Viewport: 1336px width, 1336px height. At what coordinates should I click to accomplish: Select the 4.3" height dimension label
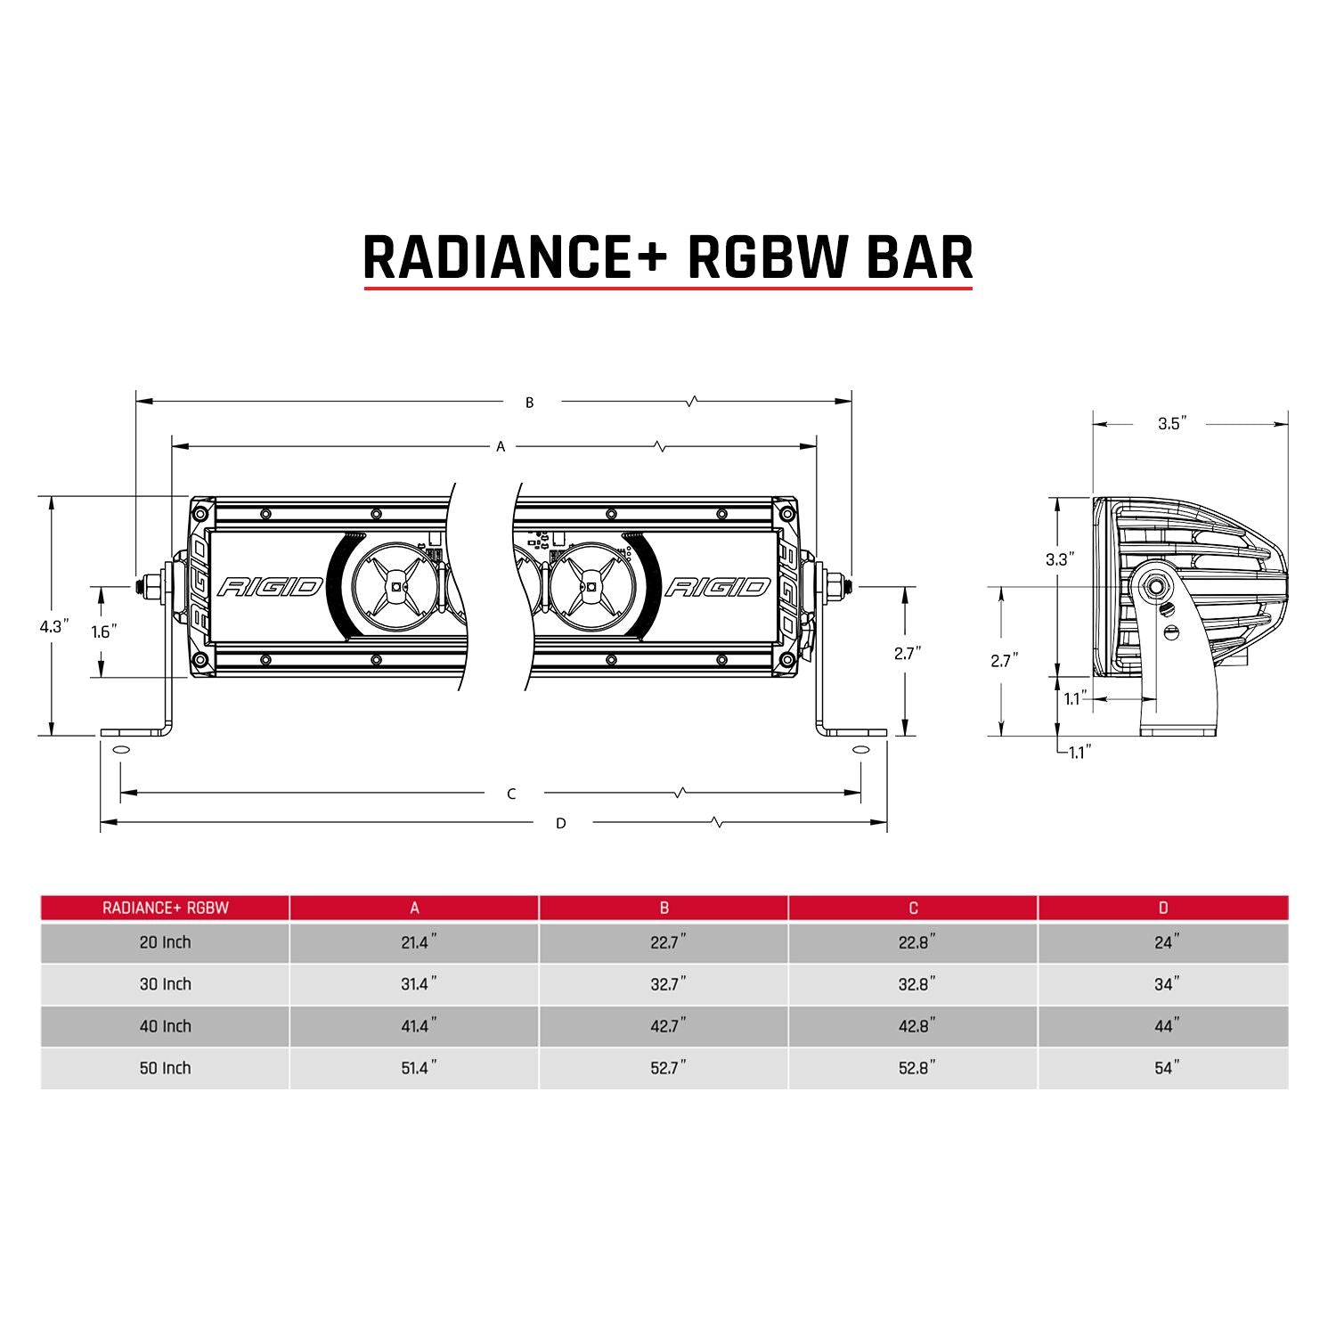53,626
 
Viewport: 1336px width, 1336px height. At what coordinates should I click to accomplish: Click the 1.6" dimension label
104,631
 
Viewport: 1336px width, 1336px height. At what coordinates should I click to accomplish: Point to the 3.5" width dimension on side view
1173,424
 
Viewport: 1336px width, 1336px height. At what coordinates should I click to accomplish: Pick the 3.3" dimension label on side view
1060,559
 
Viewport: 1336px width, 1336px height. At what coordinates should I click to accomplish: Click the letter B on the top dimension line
529,403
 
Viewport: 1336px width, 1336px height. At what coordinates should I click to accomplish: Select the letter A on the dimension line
501,446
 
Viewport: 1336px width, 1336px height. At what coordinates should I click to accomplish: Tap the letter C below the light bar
511,794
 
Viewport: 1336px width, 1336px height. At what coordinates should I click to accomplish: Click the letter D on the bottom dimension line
560,823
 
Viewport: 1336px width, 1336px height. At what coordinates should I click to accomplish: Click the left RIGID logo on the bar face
269,586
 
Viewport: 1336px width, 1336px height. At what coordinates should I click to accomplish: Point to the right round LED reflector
589,586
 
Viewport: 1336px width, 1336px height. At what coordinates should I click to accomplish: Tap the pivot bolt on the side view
1158,586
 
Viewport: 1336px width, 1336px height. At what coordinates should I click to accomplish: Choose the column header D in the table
1162,908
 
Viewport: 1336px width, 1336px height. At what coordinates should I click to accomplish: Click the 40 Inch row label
165,1026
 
